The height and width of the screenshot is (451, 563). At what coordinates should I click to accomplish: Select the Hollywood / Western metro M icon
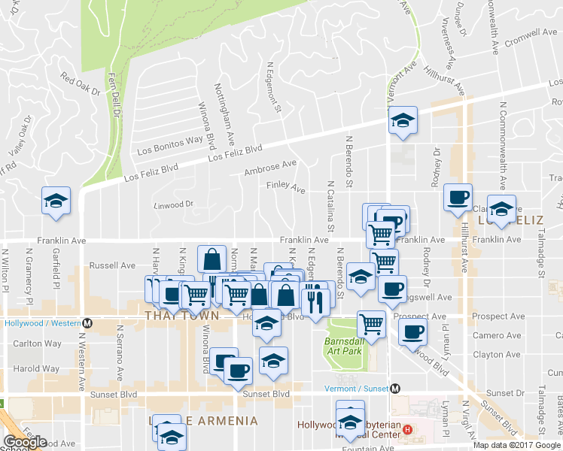coord(88,323)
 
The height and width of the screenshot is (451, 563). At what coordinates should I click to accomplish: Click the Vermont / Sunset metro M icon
coord(395,389)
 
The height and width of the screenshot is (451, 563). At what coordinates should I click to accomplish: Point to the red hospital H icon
coord(407,430)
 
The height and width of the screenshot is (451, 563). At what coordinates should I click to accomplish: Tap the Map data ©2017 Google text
coord(517,445)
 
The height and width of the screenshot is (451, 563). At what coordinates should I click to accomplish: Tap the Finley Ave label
coord(285,186)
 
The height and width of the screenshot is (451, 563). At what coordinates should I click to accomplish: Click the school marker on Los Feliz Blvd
coord(403,119)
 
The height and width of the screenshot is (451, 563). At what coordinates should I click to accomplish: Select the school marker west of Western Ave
coord(55,201)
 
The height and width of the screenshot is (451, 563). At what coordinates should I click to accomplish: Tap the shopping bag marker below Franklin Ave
coord(212,259)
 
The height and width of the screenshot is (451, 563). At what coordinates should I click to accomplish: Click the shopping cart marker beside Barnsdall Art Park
coord(371,325)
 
